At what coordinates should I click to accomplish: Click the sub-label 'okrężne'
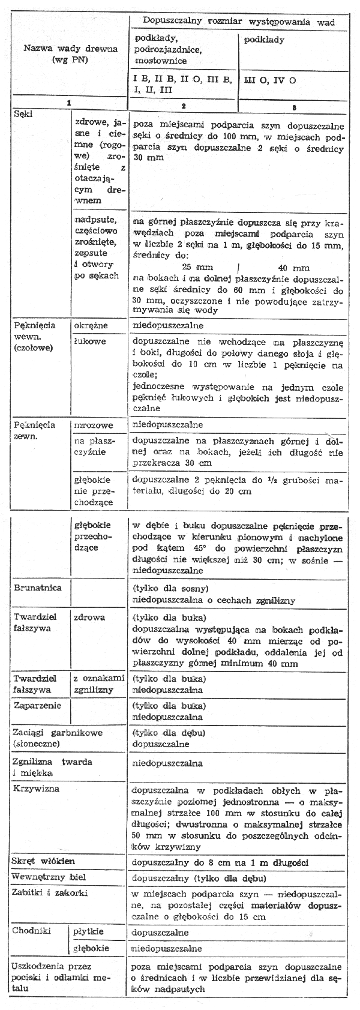[91, 326]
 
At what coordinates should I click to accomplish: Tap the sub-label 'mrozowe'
[92, 425]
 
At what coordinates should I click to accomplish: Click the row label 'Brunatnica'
[37, 588]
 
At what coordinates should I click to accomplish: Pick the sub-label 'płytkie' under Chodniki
[88, 933]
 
